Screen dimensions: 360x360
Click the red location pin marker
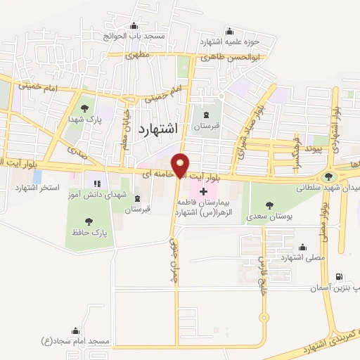pyautogui.click(x=181, y=165)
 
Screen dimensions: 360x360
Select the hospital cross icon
pyautogui.click(x=204, y=191)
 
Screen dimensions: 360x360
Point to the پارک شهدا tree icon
pyautogui.click(x=85, y=108)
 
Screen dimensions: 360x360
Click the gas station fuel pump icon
pyautogui.click(x=340, y=277)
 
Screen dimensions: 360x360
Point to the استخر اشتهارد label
pyautogui.click(x=36, y=189)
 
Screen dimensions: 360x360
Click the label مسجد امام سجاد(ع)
pyautogui.click(x=75, y=341)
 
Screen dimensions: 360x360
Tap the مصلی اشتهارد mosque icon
pyautogui.click(x=302, y=247)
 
